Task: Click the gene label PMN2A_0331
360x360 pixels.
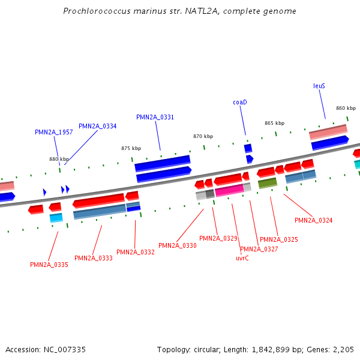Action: tap(155, 117)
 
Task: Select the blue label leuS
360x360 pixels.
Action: tap(319, 86)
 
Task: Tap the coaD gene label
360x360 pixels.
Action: tap(240, 102)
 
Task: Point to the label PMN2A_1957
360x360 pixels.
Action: tap(54, 132)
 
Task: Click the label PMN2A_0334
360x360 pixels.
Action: tap(98, 126)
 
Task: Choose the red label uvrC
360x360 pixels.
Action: tap(242, 258)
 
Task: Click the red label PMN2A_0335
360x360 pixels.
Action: tap(49, 265)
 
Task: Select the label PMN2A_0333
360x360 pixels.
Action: tap(94, 258)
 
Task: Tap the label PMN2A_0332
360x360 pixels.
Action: tap(136, 252)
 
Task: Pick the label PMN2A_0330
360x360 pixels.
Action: tap(178, 245)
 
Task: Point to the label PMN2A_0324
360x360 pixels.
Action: tap(313, 220)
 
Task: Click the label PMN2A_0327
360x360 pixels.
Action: tap(259, 249)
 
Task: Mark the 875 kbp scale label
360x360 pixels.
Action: tap(131, 148)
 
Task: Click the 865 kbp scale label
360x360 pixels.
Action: tap(274, 123)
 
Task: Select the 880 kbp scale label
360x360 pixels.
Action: tap(59, 159)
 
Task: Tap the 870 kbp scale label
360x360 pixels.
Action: tap(203, 136)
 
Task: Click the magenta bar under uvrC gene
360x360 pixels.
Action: tap(229, 191)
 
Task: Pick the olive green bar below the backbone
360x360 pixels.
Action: tap(267, 183)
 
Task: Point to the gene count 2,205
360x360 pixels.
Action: tap(344, 349)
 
